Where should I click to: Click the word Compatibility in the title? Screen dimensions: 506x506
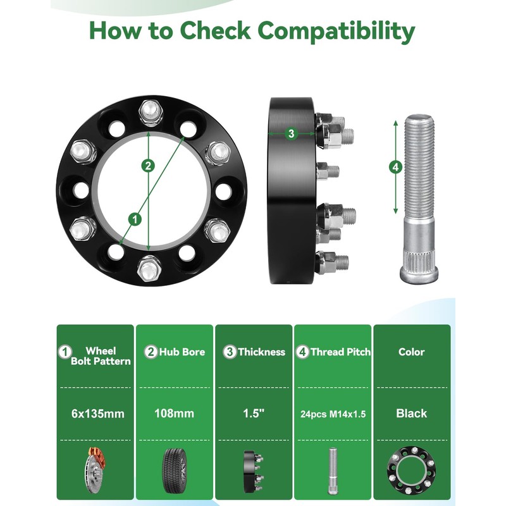point(336,31)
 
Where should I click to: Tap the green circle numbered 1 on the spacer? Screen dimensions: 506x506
point(135,219)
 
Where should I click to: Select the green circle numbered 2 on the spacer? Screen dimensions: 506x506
point(148,166)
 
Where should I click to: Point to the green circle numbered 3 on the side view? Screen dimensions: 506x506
point(291,133)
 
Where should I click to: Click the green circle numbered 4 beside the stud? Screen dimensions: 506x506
point(396,167)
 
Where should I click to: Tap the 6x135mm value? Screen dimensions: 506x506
point(98,414)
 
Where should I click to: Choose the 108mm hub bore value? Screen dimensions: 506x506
point(175,414)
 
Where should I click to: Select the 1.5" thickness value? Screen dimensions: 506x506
point(254,413)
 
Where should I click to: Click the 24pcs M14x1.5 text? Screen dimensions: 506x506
point(333,414)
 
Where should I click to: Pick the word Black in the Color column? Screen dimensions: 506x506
point(412,414)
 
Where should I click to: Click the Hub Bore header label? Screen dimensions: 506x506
point(182,352)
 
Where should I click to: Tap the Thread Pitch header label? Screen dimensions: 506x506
point(340,352)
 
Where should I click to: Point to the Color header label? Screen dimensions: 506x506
point(412,352)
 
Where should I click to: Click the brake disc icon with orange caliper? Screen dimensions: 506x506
point(94,471)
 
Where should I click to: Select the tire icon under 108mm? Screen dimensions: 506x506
point(175,471)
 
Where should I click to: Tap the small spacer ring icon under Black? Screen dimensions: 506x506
point(411,470)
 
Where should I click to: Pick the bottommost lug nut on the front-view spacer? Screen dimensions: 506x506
point(149,268)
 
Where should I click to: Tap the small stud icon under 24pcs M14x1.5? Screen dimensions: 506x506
point(333,471)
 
